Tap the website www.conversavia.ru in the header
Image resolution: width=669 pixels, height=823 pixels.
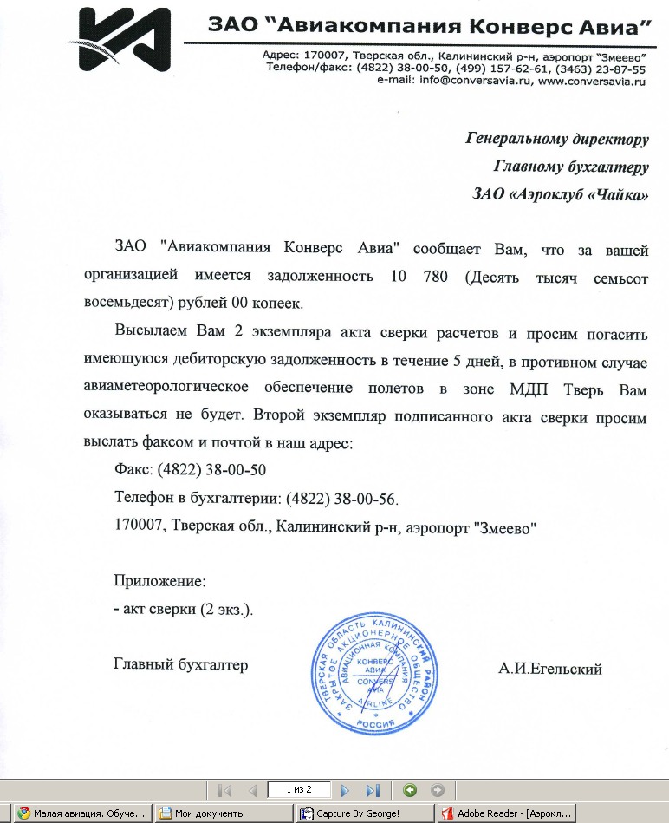point(593,80)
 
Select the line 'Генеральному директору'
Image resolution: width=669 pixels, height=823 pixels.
point(557,139)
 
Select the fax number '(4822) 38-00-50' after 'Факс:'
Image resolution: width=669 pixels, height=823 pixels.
point(211,470)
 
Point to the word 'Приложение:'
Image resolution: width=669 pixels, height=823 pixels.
point(159,581)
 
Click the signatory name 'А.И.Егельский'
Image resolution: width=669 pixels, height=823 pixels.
point(549,668)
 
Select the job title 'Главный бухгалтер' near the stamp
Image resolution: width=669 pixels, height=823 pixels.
point(180,664)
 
